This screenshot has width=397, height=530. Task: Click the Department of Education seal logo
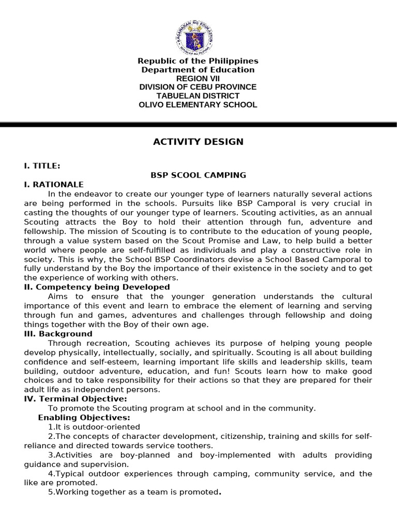tap(198, 36)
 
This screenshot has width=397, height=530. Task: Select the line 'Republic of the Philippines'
tap(198, 62)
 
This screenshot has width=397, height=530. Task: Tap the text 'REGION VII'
tap(198, 79)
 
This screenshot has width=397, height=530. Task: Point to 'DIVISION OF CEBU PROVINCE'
tap(198, 87)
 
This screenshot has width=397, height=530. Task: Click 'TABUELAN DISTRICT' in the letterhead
tap(198, 96)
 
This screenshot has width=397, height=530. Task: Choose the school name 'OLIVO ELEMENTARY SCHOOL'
tap(198, 105)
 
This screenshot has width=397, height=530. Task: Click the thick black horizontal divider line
tap(198, 125)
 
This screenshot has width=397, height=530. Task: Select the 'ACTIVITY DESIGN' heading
tap(198, 142)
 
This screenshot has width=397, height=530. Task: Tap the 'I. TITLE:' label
tap(42, 166)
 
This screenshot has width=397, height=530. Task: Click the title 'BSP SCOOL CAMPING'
tap(198, 175)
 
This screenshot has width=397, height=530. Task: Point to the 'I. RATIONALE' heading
tap(53, 184)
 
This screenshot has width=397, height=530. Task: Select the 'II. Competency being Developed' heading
tap(97, 287)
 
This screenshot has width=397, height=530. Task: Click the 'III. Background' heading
tap(58, 334)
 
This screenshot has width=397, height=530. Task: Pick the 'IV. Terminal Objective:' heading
tap(75, 399)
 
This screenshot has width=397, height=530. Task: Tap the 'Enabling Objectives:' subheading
tap(84, 418)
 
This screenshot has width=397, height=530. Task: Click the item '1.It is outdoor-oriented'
tap(94, 427)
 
